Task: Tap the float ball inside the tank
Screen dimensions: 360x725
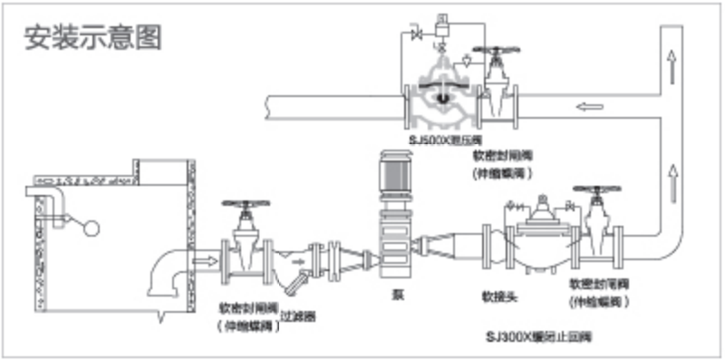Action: pos(91,226)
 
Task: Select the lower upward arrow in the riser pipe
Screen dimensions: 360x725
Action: pos(672,170)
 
